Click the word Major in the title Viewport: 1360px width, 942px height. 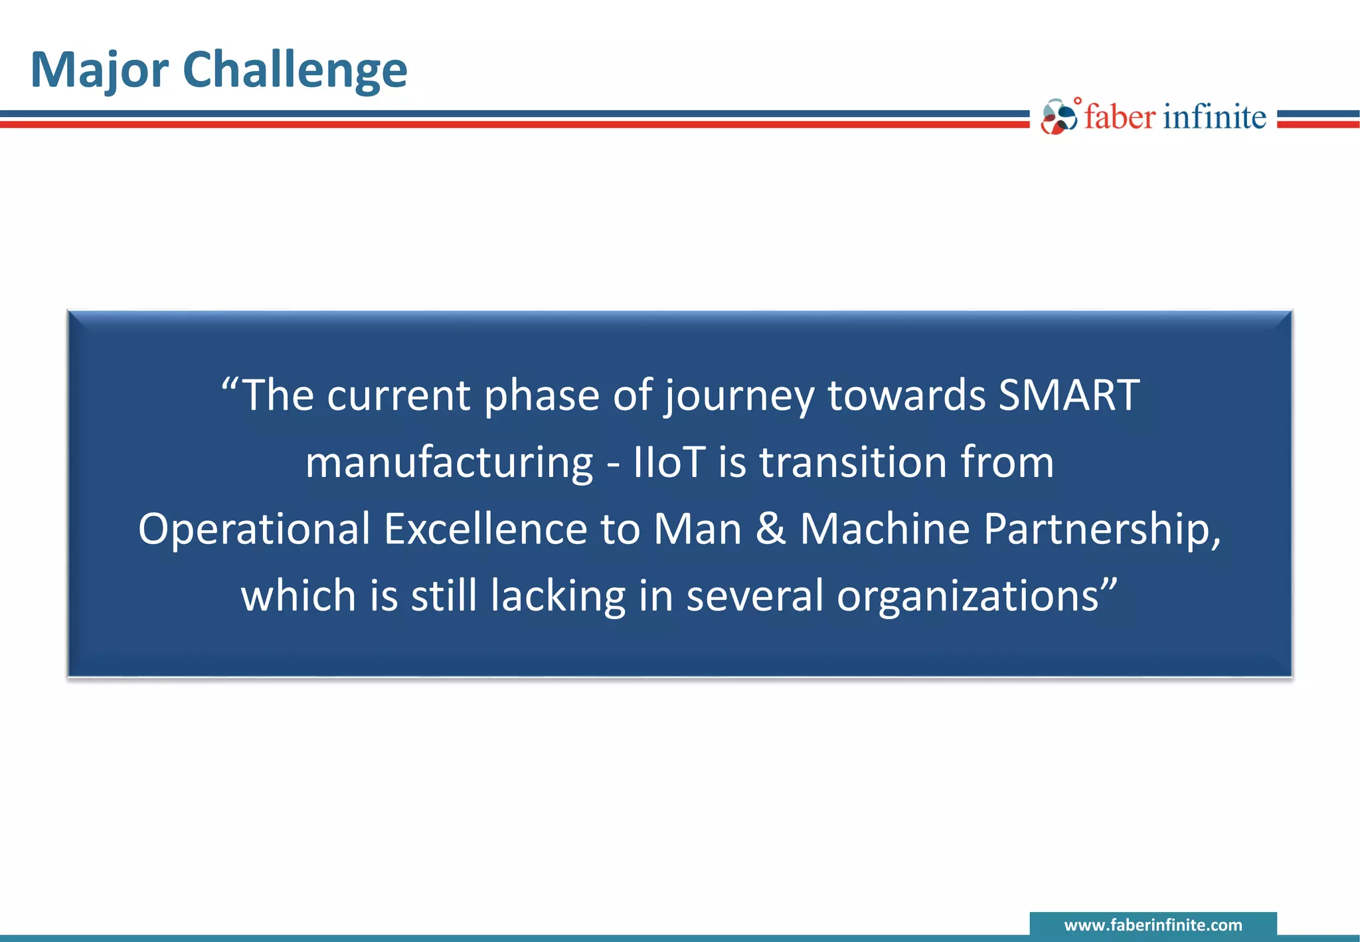pyautogui.click(x=100, y=70)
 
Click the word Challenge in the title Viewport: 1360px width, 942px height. pyautogui.click(x=294, y=70)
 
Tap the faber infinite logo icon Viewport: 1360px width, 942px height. pyautogui.click(x=1059, y=117)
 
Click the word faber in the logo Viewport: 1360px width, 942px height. pyautogui.click(x=1120, y=117)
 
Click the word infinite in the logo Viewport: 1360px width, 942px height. pyautogui.click(x=1215, y=117)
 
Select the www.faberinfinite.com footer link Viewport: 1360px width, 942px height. pyautogui.click(x=1153, y=925)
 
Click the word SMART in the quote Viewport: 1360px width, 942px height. pyautogui.click(x=1069, y=396)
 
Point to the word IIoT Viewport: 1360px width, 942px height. pyautogui.click(x=669, y=462)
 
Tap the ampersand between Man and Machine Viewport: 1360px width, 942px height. pyautogui.click(x=770, y=529)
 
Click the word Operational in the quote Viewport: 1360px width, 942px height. pyautogui.click(x=254, y=529)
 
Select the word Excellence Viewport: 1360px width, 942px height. pyautogui.click(x=485, y=529)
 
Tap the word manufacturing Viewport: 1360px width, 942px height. pyautogui.click(x=449, y=464)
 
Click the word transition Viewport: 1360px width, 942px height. pyautogui.click(x=853, y=462)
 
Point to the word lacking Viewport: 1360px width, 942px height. pyautogui.click(x=558, y=597)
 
